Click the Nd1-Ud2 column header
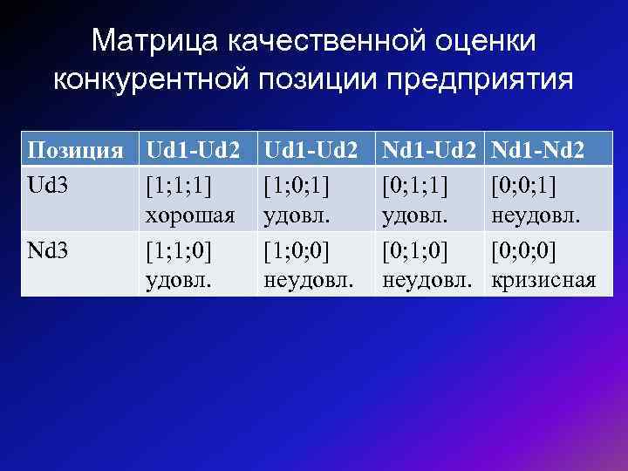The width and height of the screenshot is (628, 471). (x=429, y=149)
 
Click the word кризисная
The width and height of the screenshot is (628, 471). (x=543, y=280)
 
